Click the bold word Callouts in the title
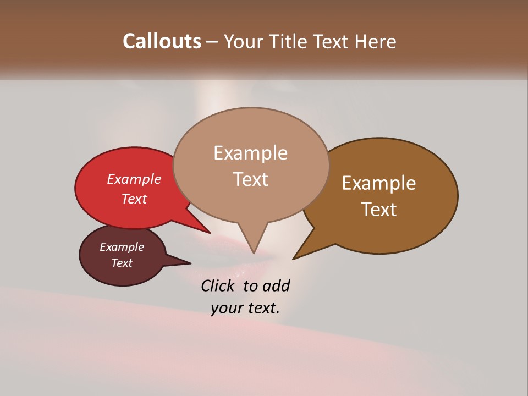click(x=162, y=41)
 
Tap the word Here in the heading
click(x=376, y=41)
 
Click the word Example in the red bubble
click(x=134, y=179)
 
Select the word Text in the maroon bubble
click(x=122, y=263)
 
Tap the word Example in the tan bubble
click(x=250, y=153)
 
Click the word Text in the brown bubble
click(x=379, y=210)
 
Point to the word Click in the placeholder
click(x=218, y=286)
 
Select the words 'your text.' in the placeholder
click(x=245, y=308)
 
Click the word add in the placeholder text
click(x=276, y=286)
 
